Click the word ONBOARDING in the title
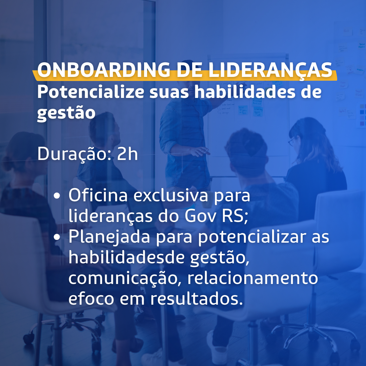click(104, 70)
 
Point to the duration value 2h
click(127, 154)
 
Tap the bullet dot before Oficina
click(57, 196)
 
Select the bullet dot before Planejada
click(57, 237)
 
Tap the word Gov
click(201, 216)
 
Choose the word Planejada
click(109, 237)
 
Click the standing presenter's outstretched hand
click(201, 151)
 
